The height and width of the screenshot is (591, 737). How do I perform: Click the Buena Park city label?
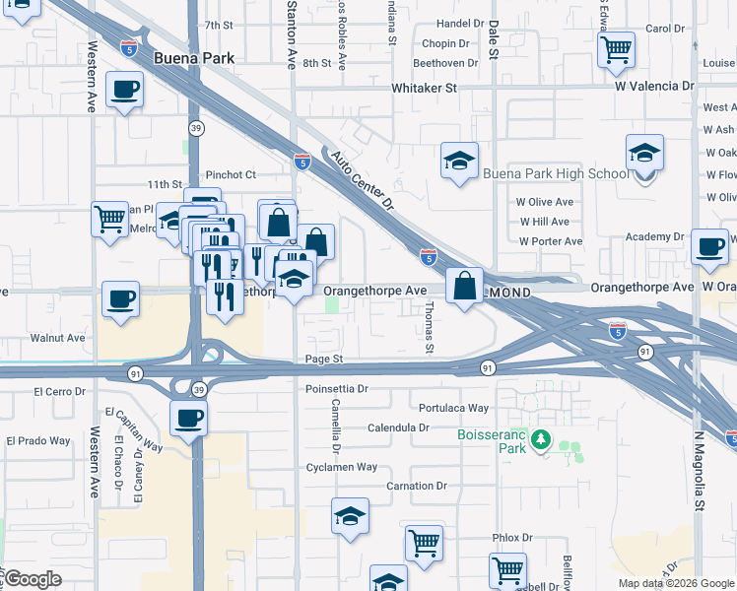[x=194, y=58]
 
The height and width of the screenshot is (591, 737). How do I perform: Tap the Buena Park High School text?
[x=556, y=174]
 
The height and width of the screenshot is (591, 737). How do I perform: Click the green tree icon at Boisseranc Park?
[x=540, y=438]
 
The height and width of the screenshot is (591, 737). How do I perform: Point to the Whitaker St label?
[x=425, y=88]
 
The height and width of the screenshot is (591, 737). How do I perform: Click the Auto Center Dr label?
[x=363, y=181]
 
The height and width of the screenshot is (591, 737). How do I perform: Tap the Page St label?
[x=323, y=361]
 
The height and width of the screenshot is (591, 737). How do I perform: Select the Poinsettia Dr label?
[x=336, y=389]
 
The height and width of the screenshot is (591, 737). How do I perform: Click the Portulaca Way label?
[x=453, y=408]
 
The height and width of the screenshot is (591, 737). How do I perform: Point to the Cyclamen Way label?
[x=342, y=467]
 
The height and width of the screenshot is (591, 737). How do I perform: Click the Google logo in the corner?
[x=33, y=578]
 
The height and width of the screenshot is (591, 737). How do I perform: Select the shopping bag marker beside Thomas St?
[x=464, y=286]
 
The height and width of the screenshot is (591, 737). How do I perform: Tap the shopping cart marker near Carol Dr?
[x=616, y=47]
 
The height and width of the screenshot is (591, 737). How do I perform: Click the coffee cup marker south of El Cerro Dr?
[x=188, y=419]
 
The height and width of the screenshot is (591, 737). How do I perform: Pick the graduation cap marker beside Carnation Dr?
[x=350, y=517]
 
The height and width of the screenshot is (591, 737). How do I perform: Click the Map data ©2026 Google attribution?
[x=676, y=583]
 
